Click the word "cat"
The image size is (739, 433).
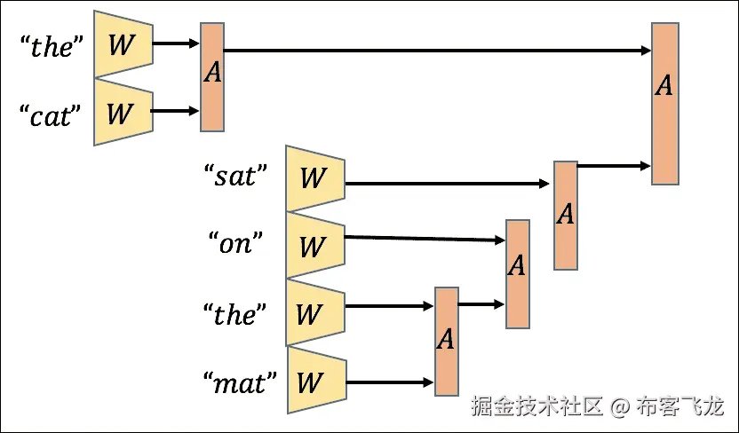tap(51, 115)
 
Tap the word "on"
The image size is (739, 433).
tap(235, 242)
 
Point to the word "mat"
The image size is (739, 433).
tap(239, 382)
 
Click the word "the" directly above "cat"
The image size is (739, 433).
tap(51, 46)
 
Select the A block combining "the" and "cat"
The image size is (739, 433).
tap(212, 77)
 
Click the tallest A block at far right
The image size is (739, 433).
tap(664, 104)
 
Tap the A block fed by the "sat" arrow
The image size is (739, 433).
tap(566, 215)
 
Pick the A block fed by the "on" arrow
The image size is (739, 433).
tap(517, 274)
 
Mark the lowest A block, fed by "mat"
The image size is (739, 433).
tap(447, 340)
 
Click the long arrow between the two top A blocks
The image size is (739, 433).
tap(435, 51)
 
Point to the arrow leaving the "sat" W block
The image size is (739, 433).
tap(444, 185)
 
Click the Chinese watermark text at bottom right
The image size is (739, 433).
tap(598, 407)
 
